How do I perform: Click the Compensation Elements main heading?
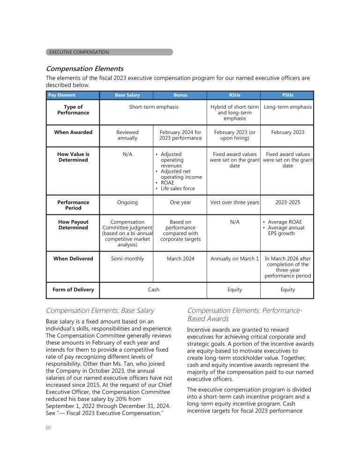click(84, 68)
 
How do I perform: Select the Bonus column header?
click(180, 95)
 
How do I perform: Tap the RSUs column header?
click(235, 95)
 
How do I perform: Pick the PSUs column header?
click(288, 95)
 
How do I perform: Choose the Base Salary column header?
click(127, 95)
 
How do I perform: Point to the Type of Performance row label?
click(73, 110)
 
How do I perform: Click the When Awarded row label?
click(73, 132)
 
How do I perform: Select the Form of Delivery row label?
click(73, 289)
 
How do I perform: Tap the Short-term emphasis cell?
click(154, 107)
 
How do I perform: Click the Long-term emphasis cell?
click(288, 107)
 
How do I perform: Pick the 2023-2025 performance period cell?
click(288, 202)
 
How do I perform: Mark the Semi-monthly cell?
click(127, 258)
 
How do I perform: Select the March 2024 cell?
click(180, 258)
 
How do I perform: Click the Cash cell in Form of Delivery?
click(154, 289)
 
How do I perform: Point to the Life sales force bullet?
click(178, 188)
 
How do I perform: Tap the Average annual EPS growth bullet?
click(286, 230)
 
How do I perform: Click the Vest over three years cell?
click(235, 202)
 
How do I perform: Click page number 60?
click(48, 428)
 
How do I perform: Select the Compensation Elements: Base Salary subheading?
click(100, 310)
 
